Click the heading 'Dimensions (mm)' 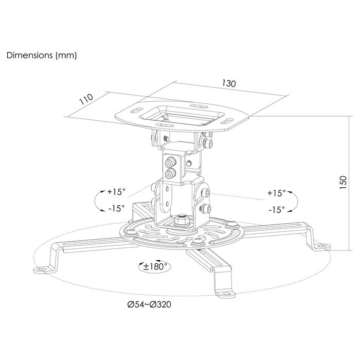point(42,56)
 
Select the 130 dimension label point(229,83)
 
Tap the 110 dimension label point(86,99)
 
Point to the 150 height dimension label point(343,182)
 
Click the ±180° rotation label point(155,266)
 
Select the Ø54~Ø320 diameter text point(149,304)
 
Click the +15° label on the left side point(116,191)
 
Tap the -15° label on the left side point(117,208)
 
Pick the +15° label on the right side point(277,193)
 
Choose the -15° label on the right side point(277,209)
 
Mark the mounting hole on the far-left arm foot point(42,269)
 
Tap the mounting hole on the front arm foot point(226,294)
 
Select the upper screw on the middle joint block point(170,163)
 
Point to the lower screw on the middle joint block point(170,174)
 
